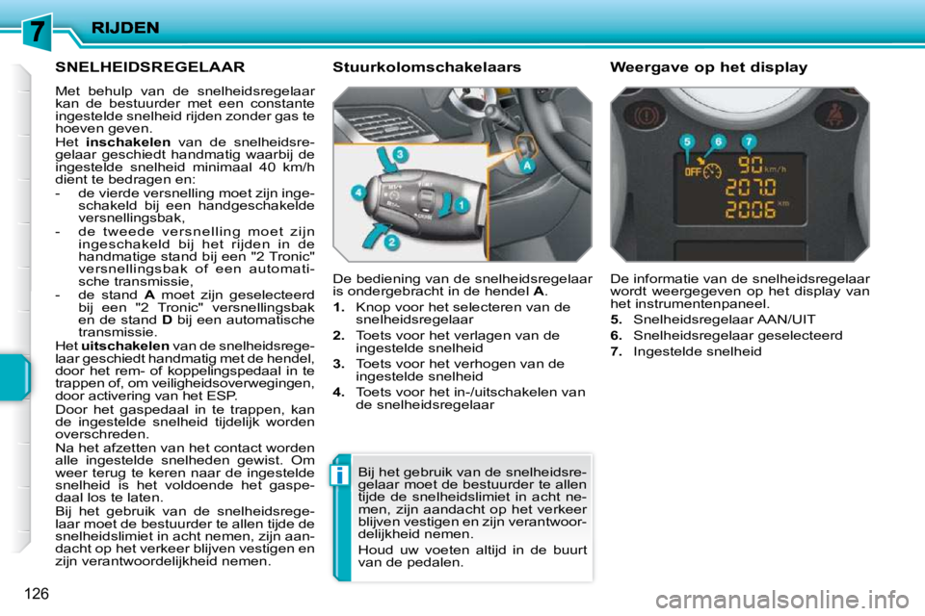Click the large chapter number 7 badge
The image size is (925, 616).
tap(36, 31)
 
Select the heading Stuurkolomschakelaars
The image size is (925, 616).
tap(426, 67)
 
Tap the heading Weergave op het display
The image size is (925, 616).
tap(708, 67)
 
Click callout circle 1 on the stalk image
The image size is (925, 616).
tap(462, 205)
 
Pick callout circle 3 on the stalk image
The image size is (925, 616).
tap(398, 154)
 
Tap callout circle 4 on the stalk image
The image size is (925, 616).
tap(357, 193)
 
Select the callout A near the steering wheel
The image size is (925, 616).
tap(528, 166)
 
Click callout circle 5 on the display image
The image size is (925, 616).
tap(687, 141)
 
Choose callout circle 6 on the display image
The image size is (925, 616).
tap(718, 141)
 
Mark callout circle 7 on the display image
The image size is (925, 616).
tap(749, 141)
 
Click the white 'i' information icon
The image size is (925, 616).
tap(341, 475)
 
